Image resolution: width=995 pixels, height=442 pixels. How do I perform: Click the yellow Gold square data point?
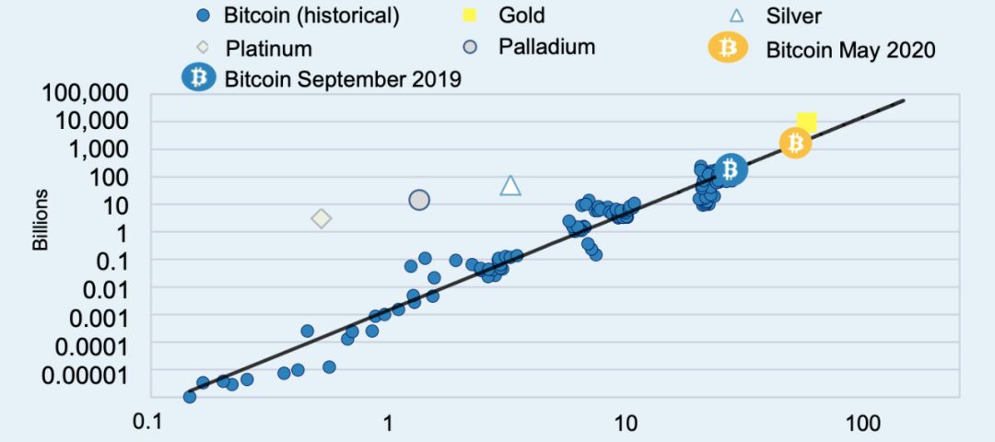pyautogui.click(x=807, y=122)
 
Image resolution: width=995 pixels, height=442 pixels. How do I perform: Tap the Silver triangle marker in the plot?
pyautogui.click(x=510, y=185)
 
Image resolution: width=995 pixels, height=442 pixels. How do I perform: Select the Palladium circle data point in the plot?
pyautogui.click(x=419, y=200)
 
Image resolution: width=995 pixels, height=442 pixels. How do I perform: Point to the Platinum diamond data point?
pyautogui.click(x=321, y=218)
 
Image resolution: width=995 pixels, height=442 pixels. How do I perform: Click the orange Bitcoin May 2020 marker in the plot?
pyautogui.click(x=795, y=143)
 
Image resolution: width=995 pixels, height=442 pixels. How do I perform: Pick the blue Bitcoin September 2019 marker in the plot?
pyautogui.click(x=731, y=169)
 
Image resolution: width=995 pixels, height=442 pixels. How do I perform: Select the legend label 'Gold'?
pyautogui.click(x=521, y=16)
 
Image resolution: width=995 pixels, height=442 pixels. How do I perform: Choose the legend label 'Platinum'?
pyautogui.click(x=269, y=48)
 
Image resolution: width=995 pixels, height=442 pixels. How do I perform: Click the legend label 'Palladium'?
pyautogui.click(x=547, y=46)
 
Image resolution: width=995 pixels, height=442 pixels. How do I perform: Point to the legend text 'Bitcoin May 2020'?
pyautogui.click(x=850, y=49)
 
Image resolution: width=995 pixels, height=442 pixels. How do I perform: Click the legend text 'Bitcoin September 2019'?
pyautogui.click(x=343, y=78)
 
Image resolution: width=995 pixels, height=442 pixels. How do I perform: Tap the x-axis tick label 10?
pyautogui.click(x=626, y=423)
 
